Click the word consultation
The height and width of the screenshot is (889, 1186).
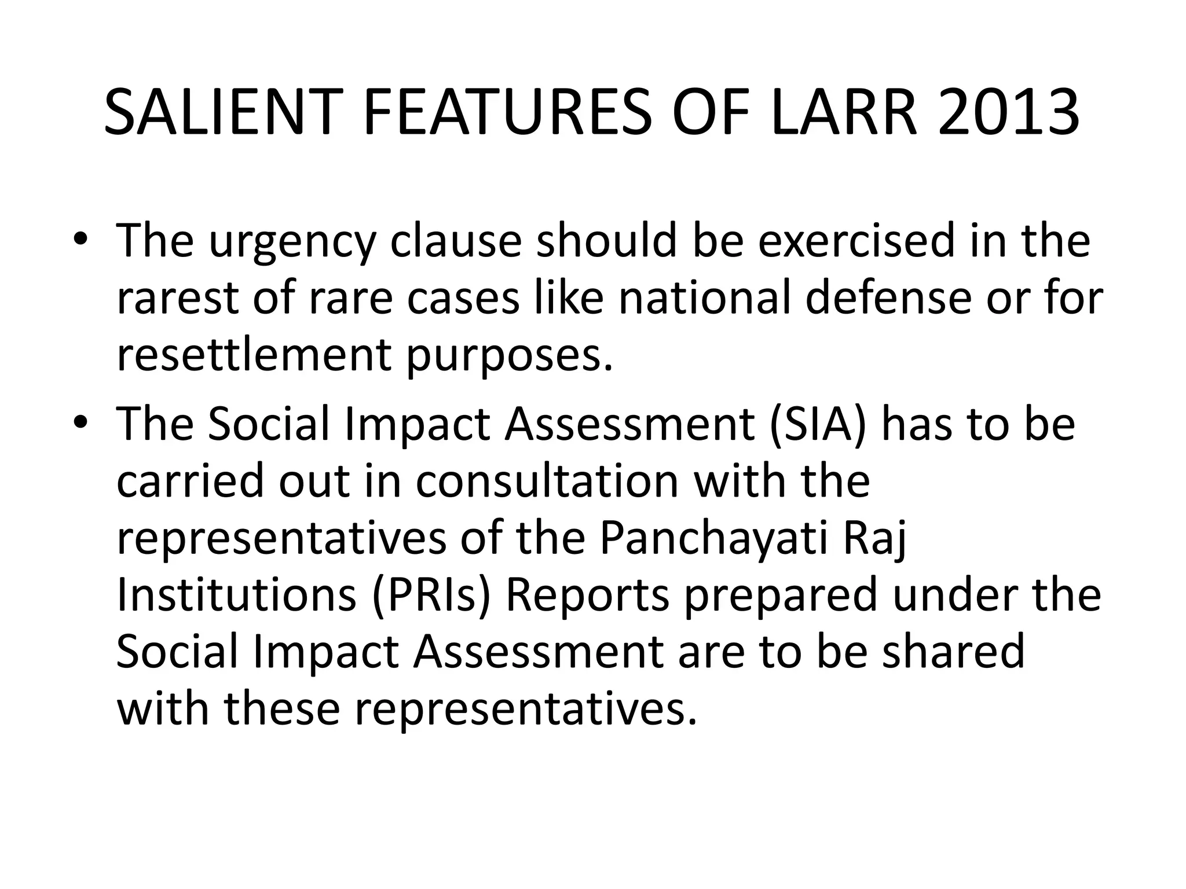point(547,482)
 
